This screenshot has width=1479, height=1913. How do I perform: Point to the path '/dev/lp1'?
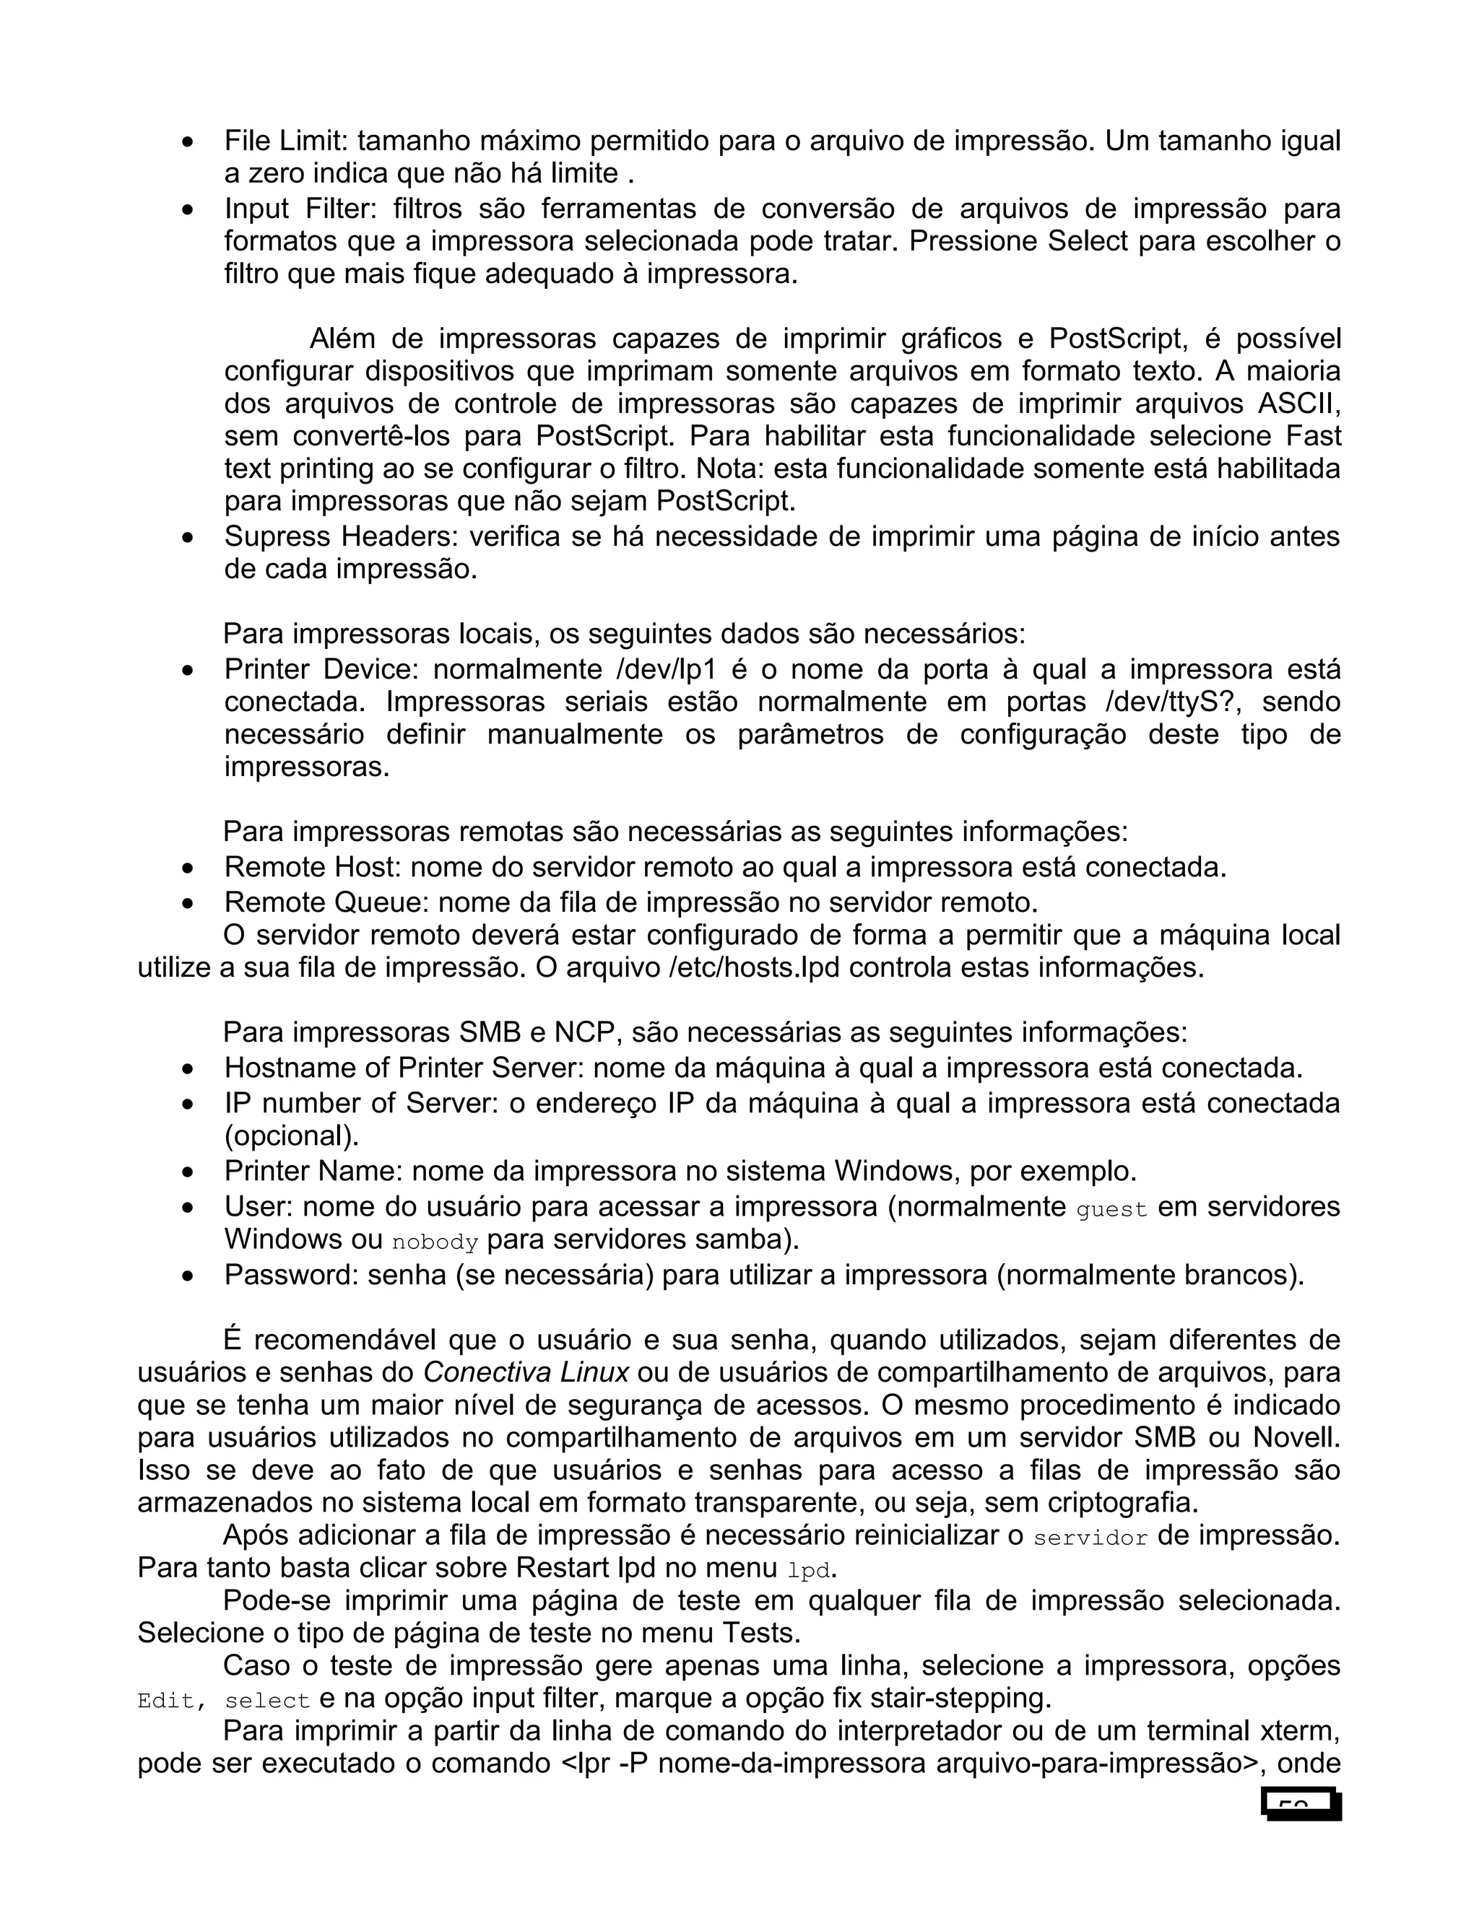(x=666, y=669)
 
